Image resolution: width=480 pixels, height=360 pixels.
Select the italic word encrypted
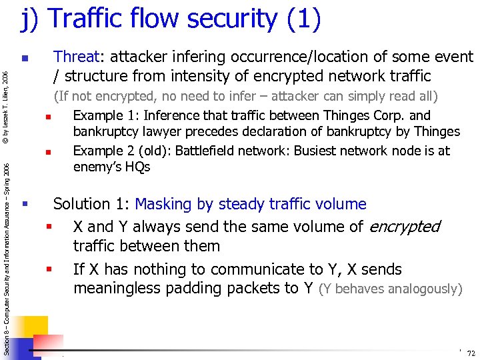click(405, 227)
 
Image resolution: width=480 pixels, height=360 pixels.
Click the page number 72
click(471, 353)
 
